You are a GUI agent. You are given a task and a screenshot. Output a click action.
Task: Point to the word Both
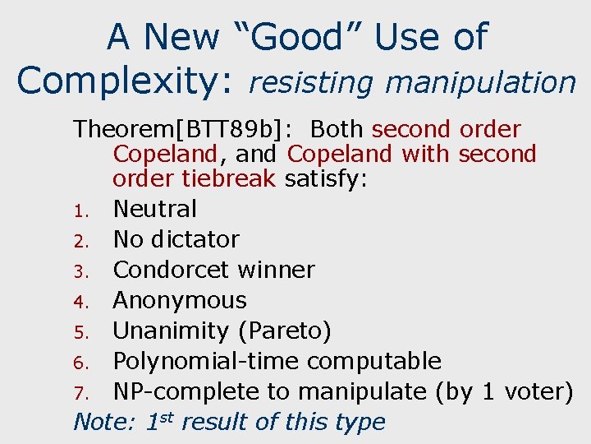tap(338, 130)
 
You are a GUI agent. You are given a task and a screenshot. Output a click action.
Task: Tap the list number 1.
tap(82, 210)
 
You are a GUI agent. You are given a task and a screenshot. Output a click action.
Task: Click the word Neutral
tap(154, 209)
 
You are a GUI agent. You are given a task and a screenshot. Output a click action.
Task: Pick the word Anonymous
tap(179, 300)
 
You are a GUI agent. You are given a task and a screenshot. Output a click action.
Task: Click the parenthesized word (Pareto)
tap(284, 331)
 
